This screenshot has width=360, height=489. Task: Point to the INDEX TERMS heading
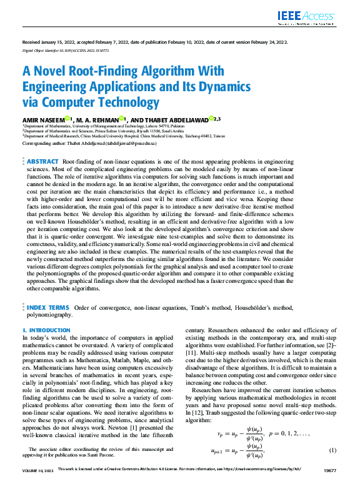pyautogui.click(x=48, y=308)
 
